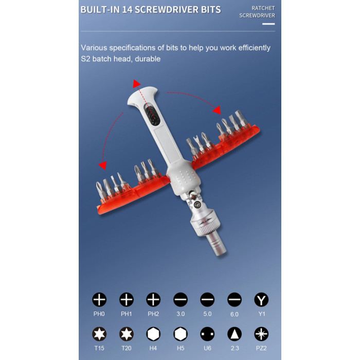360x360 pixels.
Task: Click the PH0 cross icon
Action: coord(99,300)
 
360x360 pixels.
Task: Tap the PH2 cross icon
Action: coord(153,300)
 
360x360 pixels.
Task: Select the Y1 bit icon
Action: coord(261,300)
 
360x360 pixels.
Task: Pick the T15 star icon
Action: coord(99,334)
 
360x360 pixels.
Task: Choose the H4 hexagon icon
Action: coord(153,334)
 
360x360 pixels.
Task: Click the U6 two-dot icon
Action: coord(207,334)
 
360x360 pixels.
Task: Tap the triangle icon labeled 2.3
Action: coord(235,334)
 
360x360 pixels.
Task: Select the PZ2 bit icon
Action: coord(261,334)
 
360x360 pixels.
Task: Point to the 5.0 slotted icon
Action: coord(207,300)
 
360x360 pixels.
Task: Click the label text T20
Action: coord(127,348)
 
